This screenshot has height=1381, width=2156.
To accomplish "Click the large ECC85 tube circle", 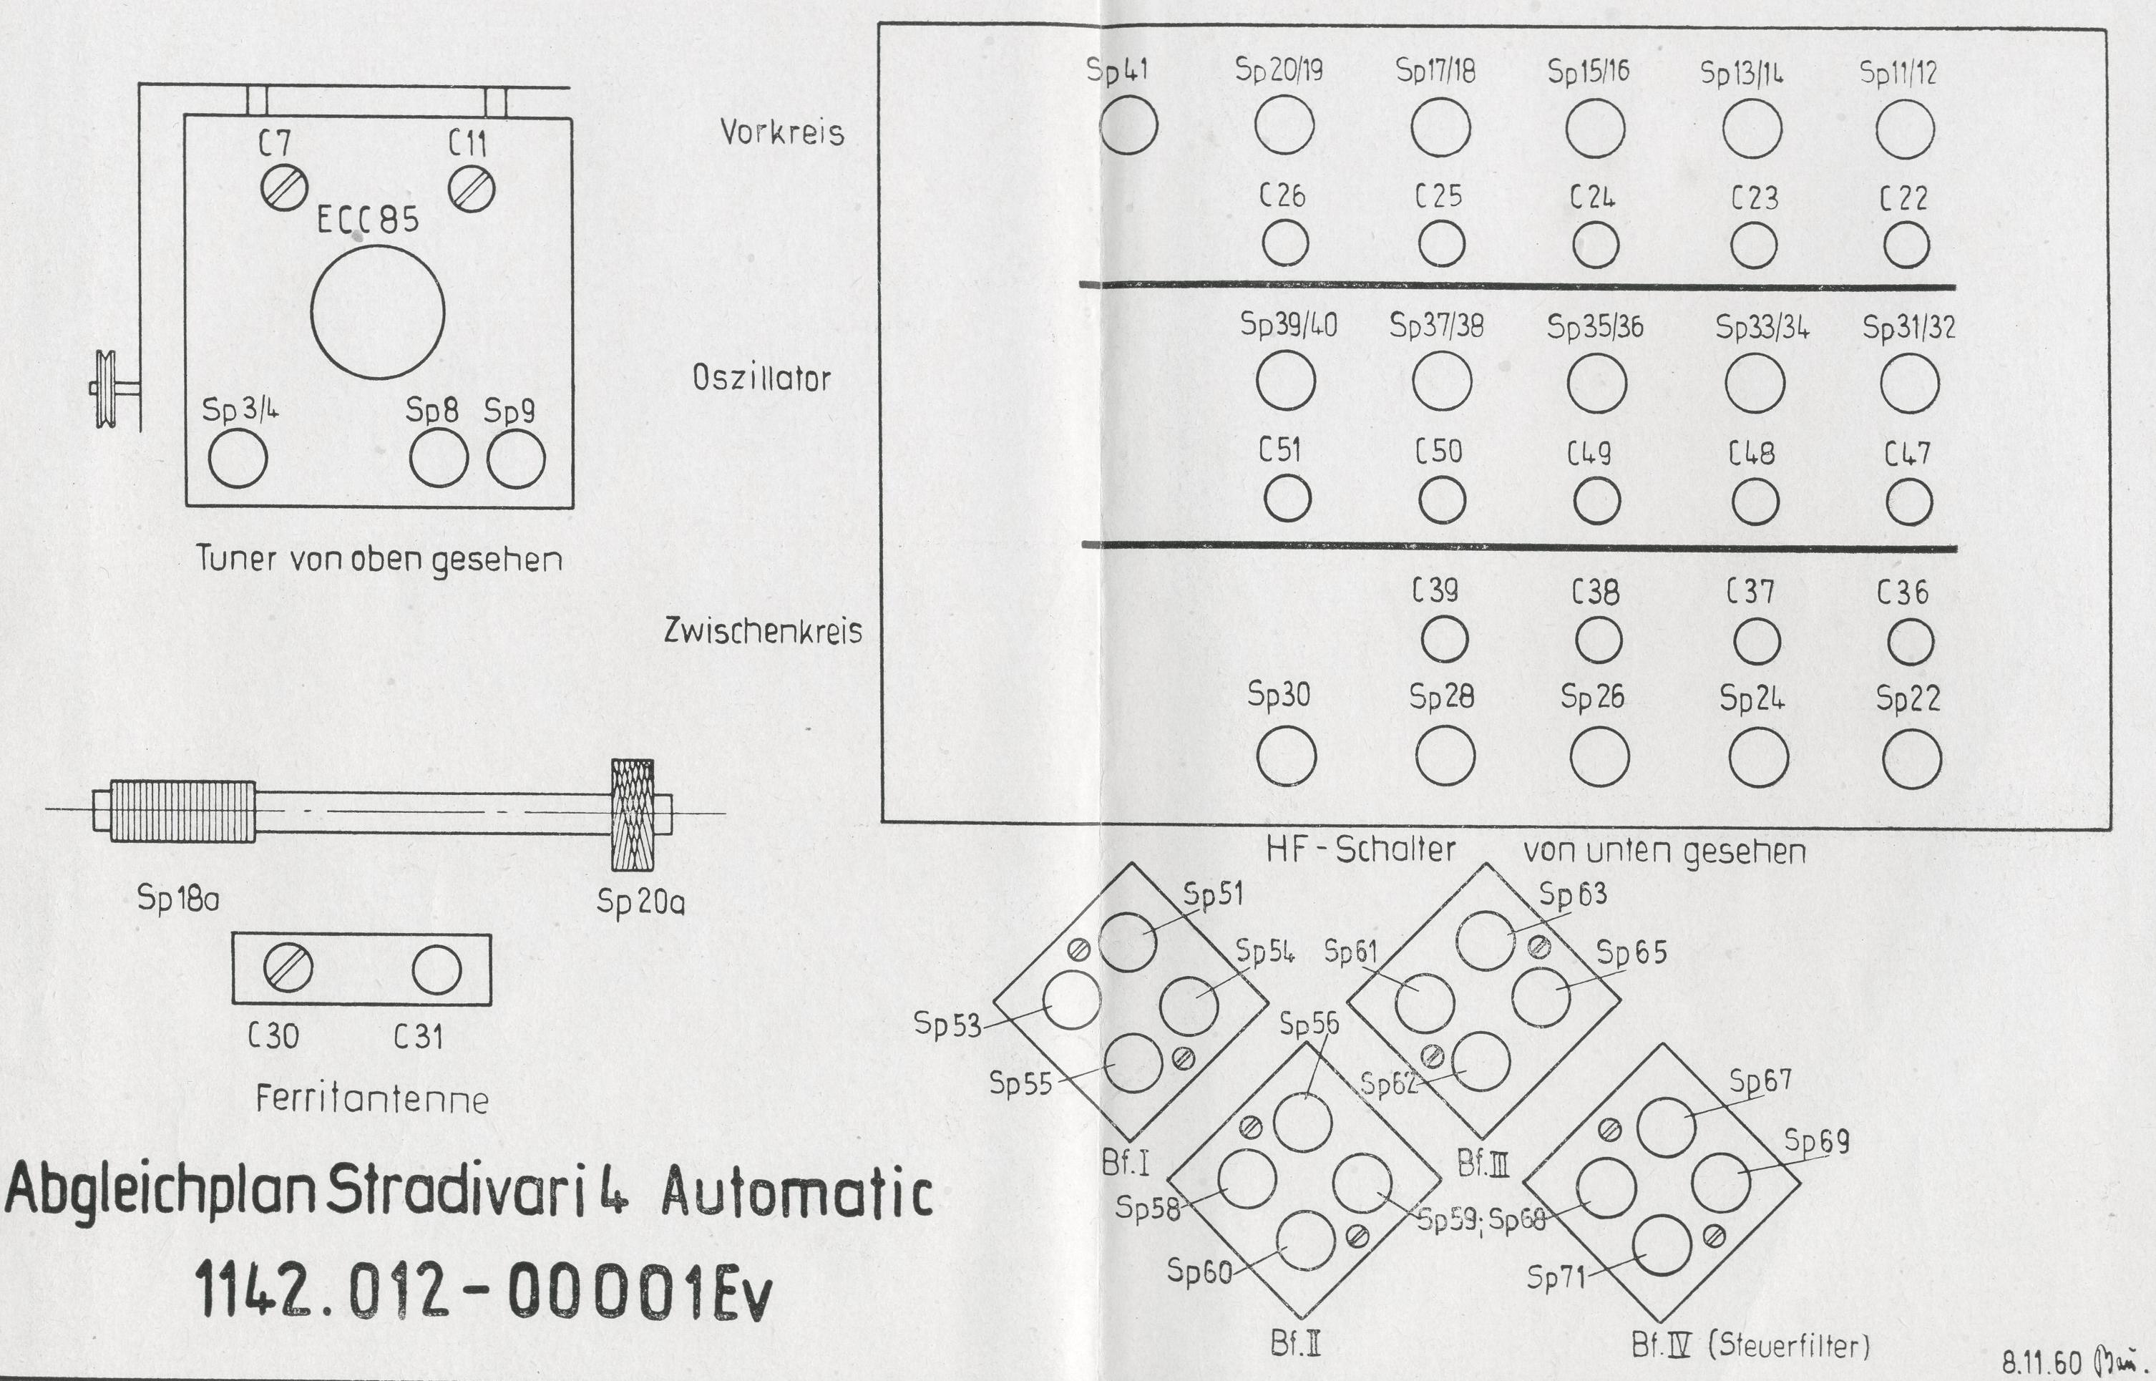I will point(378,313).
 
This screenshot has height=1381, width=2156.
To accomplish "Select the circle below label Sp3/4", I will point(238,458).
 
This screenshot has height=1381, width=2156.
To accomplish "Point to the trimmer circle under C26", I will point(1285,244).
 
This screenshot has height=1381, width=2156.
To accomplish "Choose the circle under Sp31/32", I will point(1909,383).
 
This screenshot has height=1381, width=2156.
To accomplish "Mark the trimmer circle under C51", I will point(1287,499).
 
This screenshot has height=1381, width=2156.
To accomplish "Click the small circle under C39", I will point(1445,640).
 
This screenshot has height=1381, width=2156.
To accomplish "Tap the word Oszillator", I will point(761,379).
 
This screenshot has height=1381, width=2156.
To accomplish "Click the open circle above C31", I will point(436,970).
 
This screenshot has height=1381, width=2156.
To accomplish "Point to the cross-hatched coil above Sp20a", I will point(633,814).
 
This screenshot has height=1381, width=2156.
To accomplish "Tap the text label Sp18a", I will point(177,897).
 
